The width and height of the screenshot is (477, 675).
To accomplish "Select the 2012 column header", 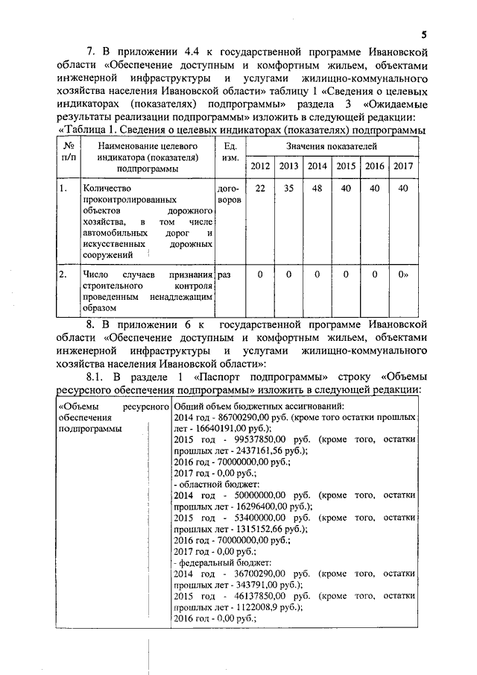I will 260,166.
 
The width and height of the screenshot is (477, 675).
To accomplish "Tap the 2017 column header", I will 403,166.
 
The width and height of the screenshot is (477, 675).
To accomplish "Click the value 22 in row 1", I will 260,189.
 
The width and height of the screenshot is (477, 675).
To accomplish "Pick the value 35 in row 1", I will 289,189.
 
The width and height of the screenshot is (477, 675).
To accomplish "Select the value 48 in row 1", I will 317,189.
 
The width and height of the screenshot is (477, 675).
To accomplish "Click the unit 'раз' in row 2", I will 224,274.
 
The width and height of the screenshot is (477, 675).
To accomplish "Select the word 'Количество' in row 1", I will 109,189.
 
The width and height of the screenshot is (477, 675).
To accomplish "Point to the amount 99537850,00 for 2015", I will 256,440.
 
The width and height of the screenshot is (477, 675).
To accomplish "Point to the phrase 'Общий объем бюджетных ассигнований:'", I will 257,406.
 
